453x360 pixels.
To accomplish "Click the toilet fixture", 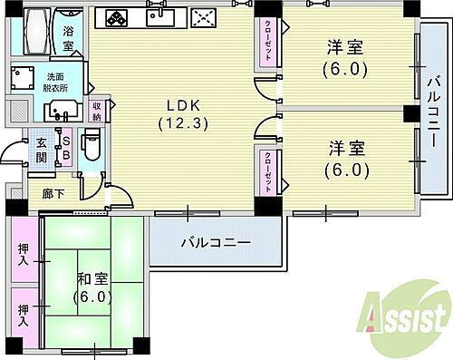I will coord(90,145).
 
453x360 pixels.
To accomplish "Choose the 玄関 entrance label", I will coord(41,149).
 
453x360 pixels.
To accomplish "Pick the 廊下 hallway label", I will coord(53,194).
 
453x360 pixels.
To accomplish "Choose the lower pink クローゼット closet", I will coord(269,170).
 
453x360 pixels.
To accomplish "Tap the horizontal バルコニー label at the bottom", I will coord(215,242).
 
